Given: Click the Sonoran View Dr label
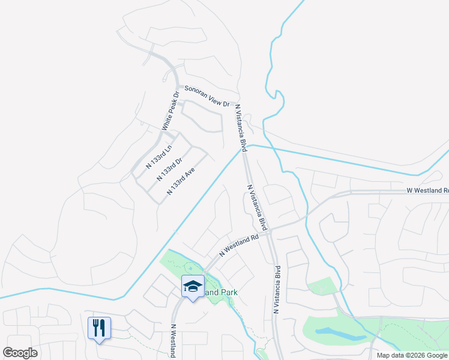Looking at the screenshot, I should [x=206, y=96].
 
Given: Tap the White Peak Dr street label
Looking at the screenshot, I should [x=170, y=112].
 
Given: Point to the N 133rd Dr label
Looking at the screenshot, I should [x=169, y=169].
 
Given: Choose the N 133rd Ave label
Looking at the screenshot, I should [x=181, y=181].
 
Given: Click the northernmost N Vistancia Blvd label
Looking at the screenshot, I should [x=241, y=128].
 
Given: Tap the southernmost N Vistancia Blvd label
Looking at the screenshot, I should [x=277, y=290].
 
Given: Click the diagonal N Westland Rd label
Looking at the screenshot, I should [x=238, y=245].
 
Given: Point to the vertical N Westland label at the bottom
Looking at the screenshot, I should [x=173, y=341].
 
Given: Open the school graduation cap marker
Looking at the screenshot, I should [x=193, y=286].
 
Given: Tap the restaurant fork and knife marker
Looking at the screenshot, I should [x=99, y=327].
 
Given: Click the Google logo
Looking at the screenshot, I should [x=20, y=353].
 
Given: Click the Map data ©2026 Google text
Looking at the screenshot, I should [x=412, y=355].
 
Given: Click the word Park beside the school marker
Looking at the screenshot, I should [x=228, y=292].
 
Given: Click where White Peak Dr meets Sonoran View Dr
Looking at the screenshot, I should [x=178, y=87].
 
